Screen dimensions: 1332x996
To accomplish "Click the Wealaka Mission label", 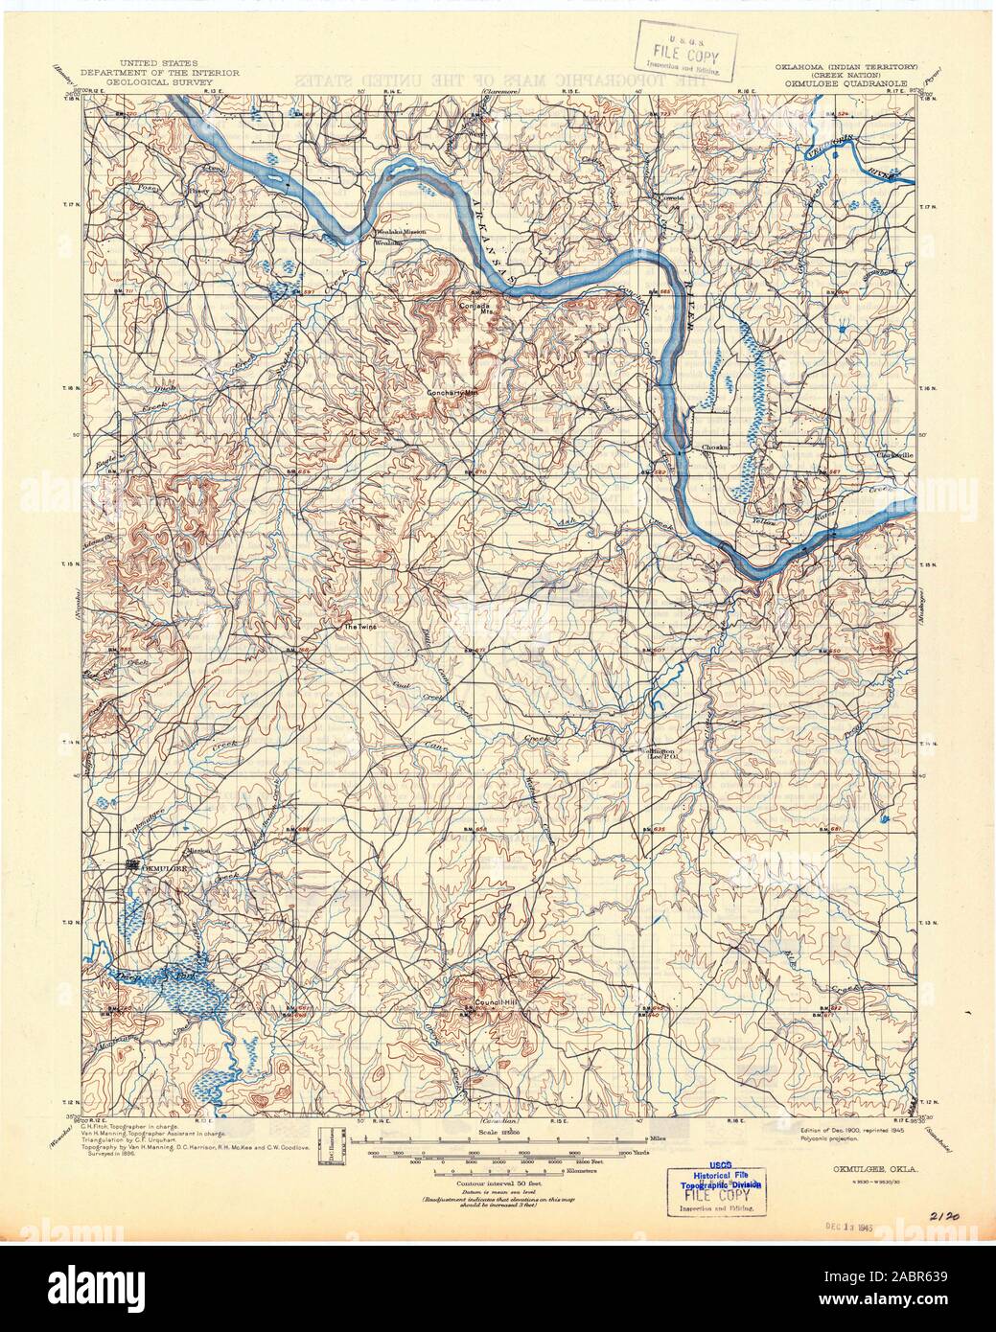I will click(x=401, y=233).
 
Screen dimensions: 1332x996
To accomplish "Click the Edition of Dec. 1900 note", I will click(x=848, y=1131).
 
